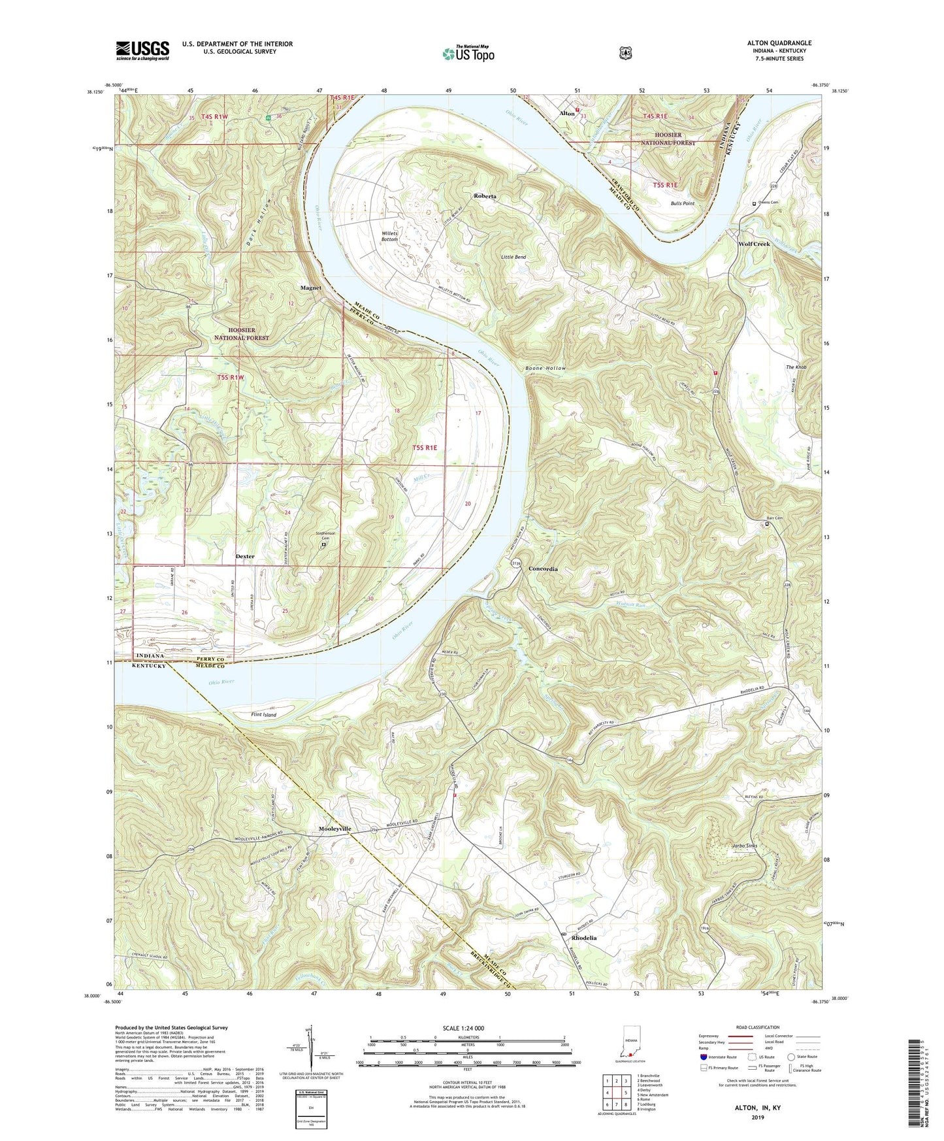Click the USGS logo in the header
(142, 50)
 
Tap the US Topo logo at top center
(468, 54)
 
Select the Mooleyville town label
(335, 829)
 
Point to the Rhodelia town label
(584, 937)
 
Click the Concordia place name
(543, 569)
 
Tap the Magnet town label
(310, 288)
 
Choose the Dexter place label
(245, 556)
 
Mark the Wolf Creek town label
(754, 244)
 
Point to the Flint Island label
(264, 715)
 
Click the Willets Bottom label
(390, 236)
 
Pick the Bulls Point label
(682, 203)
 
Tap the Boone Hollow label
(545, 369)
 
